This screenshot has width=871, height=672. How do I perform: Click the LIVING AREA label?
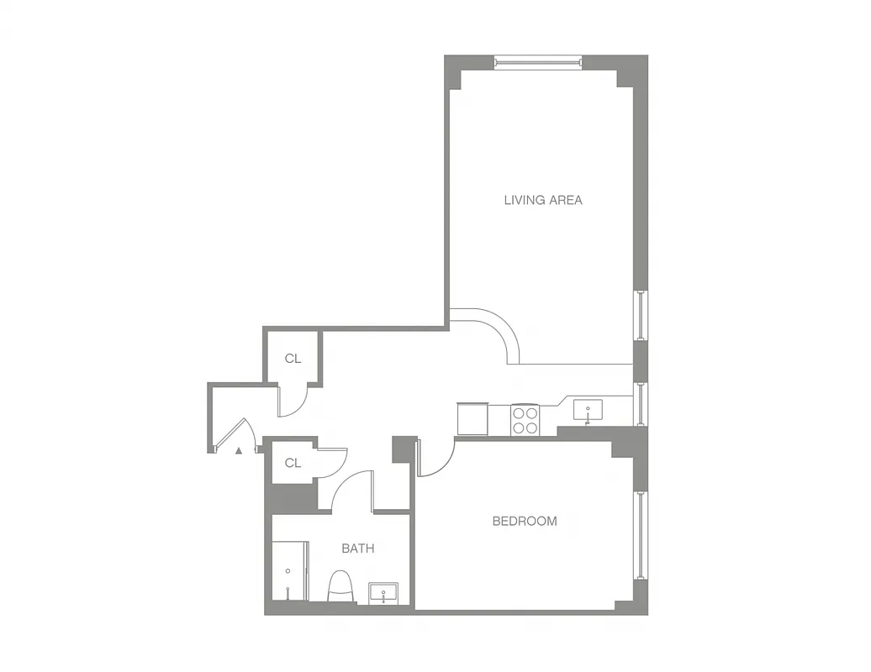(x=542, y=200)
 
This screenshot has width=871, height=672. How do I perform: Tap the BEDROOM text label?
(x=524, y=521)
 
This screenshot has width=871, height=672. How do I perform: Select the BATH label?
(x=357, y=549)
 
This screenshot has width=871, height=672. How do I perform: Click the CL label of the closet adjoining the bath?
(x=293, y=463)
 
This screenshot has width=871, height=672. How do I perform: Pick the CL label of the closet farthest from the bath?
(x=293, y=359)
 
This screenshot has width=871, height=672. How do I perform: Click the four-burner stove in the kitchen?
(x=525, y=420)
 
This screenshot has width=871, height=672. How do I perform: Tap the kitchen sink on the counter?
(x=589, y=411)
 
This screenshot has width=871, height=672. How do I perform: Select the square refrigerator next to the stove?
(x=472, y=417)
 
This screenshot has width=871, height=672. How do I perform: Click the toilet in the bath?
(x=340, y=586)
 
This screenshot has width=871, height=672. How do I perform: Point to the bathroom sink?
(x=387, y=594)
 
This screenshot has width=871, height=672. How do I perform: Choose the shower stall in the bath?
(x=289, y=571)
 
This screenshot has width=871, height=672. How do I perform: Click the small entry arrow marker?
(x=239, y=451)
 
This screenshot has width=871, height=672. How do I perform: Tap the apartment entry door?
(x=230, y=435)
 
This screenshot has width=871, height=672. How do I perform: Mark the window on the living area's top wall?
(x=537, y=61)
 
